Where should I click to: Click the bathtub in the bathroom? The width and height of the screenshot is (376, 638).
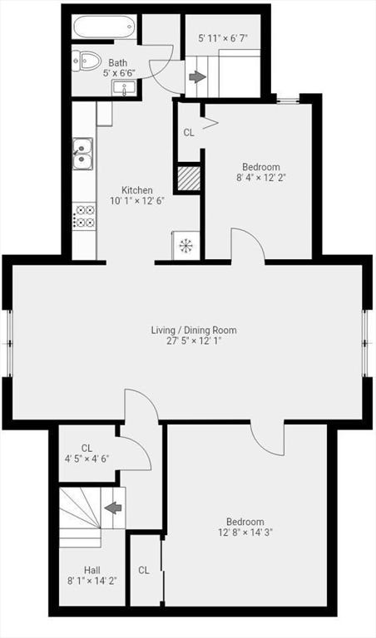pos(104,27)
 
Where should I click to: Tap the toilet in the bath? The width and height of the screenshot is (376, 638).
pos(87,61)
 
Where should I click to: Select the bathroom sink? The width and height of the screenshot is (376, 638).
pos(124,88)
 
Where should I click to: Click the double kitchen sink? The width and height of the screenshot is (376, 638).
pos(83,153)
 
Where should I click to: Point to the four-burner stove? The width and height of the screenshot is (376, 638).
pos(84,216)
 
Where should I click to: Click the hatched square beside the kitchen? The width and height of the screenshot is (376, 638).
pos(189,178)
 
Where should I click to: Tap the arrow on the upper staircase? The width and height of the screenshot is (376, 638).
pos(198,77)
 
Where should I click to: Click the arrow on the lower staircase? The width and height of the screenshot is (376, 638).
pos(113,508)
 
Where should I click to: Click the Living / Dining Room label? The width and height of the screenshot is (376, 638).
pos(194,330)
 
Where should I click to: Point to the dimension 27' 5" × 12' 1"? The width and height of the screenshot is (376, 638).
pos(194,340)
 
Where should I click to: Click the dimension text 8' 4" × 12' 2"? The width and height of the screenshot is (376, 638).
pos(261,178)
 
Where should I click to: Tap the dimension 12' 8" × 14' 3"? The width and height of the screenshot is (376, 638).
pos(245,532)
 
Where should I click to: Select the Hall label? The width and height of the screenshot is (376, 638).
pos(92,570)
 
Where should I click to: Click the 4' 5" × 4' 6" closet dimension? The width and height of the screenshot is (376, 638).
pos(87,459)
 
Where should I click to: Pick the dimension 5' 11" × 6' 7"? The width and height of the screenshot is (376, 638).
pos(223,39)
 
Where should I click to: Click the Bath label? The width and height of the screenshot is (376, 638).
pos(118,63)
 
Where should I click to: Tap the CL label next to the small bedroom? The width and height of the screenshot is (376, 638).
pos(189,132)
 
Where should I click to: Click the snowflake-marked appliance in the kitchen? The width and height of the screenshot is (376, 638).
pos(186,245)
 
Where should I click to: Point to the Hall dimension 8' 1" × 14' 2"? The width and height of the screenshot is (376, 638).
pos(92,581)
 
